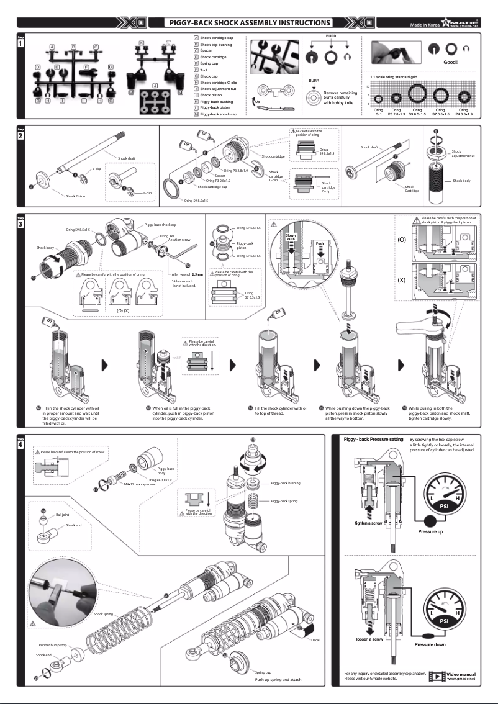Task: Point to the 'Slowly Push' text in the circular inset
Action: (x=291, y=238)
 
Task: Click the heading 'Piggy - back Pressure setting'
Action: (x=374, y=440)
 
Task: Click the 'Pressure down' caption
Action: (x=430, y=644)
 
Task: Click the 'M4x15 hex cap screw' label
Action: (x=139, y=484)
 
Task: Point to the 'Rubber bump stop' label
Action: (x=53, y=645)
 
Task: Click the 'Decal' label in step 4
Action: (x=315, y=639)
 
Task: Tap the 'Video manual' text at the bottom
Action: (x=461, y=674)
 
